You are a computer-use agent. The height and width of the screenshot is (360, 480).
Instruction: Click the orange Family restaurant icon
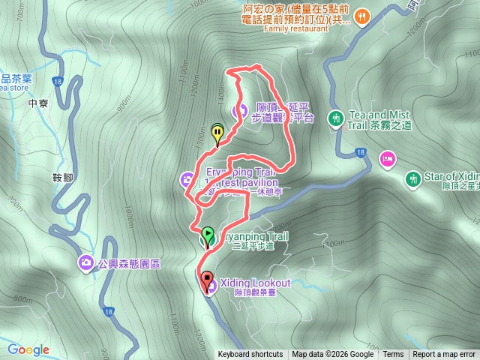click(361, 16)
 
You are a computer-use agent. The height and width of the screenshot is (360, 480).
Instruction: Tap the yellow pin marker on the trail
click(217, 133)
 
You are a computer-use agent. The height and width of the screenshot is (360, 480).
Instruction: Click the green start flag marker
click(208, 235)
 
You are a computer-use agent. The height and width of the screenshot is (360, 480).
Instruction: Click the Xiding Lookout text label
click(254, 282)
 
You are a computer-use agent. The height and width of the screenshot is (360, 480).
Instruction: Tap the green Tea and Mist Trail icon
click(336, 118)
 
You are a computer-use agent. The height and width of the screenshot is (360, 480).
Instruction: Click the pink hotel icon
click(388, 157)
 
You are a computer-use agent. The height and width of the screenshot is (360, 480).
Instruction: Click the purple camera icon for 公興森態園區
click(85, 262)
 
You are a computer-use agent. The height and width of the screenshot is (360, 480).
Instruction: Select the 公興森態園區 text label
click(130, 262)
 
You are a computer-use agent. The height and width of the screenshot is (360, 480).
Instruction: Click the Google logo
click(28, 349)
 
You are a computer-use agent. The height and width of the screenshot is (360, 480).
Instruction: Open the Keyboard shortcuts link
click(250, 355)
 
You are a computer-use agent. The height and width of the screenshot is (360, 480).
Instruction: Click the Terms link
click(393, 355)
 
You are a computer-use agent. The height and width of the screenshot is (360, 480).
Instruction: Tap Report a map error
click(444, 355)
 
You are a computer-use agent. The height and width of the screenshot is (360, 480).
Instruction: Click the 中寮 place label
click(37, 103)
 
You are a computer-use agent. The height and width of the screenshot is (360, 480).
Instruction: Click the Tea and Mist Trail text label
click(379, 119)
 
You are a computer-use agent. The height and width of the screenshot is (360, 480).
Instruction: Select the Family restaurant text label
click(296, 31)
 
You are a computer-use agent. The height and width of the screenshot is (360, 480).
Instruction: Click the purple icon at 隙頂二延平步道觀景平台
click(240, 112)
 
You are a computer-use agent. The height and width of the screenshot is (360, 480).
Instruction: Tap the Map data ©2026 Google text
click(332, 355)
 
